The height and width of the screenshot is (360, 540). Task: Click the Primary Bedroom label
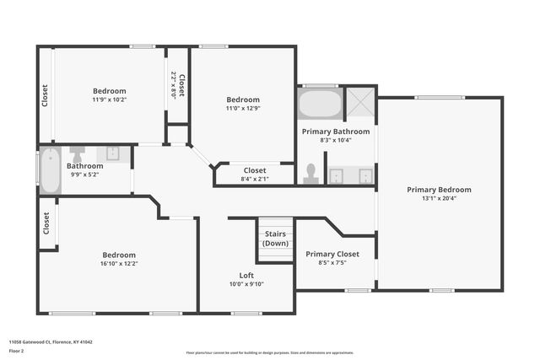(439, 190)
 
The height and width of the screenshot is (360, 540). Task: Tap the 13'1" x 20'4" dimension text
(439, 200)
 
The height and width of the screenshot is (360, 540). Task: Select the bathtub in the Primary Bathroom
(320, 105)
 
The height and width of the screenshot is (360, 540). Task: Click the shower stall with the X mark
(359, 104)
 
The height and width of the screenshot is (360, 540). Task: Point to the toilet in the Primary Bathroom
(310, 174)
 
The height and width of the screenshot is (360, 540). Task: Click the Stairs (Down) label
(275, 238)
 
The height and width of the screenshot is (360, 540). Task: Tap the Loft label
(246, 275)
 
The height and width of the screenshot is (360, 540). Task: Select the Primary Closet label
(332, 254)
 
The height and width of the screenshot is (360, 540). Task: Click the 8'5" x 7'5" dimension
(332, 263)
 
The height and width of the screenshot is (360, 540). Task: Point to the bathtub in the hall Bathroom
(50, 170)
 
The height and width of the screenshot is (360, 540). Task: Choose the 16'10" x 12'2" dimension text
(119, 264)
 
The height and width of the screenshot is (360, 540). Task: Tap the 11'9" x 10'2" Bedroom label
(109, 91)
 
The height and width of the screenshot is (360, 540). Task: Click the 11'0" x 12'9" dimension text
(243, 108)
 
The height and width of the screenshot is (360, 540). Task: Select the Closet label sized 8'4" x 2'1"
(255, 170)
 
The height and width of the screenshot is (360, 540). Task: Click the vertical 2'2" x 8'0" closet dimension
(174, 85)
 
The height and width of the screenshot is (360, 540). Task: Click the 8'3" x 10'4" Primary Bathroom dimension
(336, 141)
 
